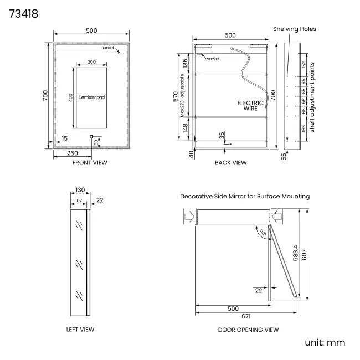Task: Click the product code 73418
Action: click(x=23, y=14)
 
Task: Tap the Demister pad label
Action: click(x=91, y=97)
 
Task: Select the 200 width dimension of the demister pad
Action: click(x=91, y=62)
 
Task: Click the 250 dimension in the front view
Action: click(x=73, y=153)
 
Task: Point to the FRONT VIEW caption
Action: click(x=90, y=162)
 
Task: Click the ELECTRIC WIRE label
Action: click(x=250, y=106)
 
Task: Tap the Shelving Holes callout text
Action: click(x=295, y=29)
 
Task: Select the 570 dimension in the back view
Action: click(x=176, y=96)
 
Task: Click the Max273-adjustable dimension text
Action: click(x=182, y=95)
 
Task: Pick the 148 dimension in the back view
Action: click(x=186, y=128)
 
